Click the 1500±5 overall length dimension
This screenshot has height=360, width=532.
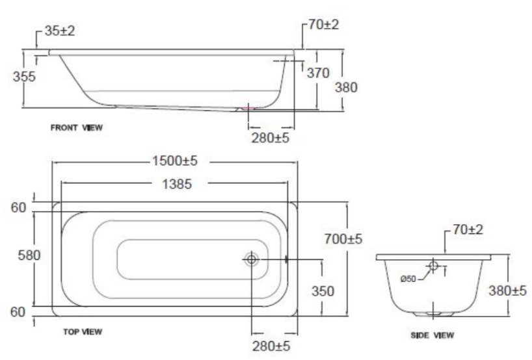tap(174, 161)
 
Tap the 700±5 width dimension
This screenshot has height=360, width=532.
tap(343, 240)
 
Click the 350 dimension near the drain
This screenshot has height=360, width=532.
tap(321, 291)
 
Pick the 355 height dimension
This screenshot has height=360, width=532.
tap(24, 76)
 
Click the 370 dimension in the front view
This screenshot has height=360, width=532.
tap(318, 73)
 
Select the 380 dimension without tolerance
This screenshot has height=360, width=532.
tap(345, 87)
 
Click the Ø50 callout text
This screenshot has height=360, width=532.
tap(408, 279)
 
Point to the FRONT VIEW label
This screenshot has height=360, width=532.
tap(77, 128)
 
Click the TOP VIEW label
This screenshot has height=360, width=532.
tap(82, 332)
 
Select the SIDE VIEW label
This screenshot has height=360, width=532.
tap(432, 335)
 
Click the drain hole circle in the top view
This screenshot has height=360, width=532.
tap(252, 259)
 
